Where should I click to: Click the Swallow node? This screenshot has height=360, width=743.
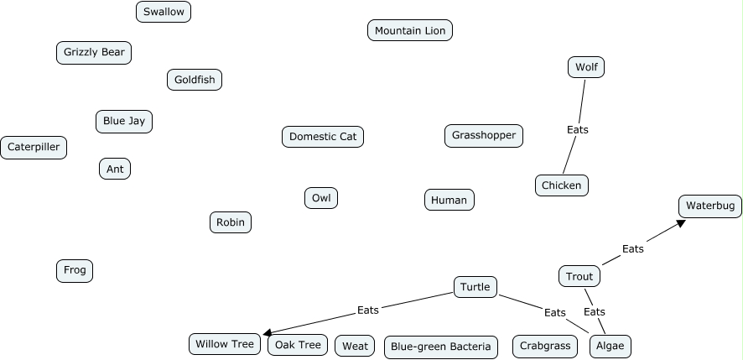[x=164, y=12]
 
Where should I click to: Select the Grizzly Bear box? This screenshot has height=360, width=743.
[x=94, y=52]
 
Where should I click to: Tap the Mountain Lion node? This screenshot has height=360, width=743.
[x=410, y=31]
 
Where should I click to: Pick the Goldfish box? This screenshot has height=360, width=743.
[x=195, y=80]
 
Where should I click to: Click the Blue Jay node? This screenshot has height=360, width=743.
[x=124, y=121]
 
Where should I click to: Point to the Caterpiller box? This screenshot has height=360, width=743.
[x=34, y=147]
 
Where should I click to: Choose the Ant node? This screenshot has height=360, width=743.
[x=115, y=169]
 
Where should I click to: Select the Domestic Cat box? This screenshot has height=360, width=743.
[x=323, y=136]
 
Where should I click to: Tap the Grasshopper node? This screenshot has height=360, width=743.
[x=484, y=135]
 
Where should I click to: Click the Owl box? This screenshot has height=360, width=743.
[x=321, y=198]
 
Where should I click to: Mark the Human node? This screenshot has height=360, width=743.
[x=449, y=200]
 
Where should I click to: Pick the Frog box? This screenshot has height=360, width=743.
[x=75, y=270]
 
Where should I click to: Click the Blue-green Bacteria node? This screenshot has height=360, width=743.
[x=441, y=347]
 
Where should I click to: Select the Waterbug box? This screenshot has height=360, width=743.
[x=710, y=206]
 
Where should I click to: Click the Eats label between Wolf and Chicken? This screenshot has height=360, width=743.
[x=578, y=129]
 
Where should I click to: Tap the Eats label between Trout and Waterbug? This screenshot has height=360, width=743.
[x=633, y=248]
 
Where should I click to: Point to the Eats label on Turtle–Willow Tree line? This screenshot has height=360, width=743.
[x=368, y=310]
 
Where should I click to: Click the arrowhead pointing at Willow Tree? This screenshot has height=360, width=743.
[x=268, y=333]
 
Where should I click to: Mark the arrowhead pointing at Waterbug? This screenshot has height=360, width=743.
[x=682, y=222]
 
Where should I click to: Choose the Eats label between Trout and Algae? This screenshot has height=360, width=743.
[x=595, y=312]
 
